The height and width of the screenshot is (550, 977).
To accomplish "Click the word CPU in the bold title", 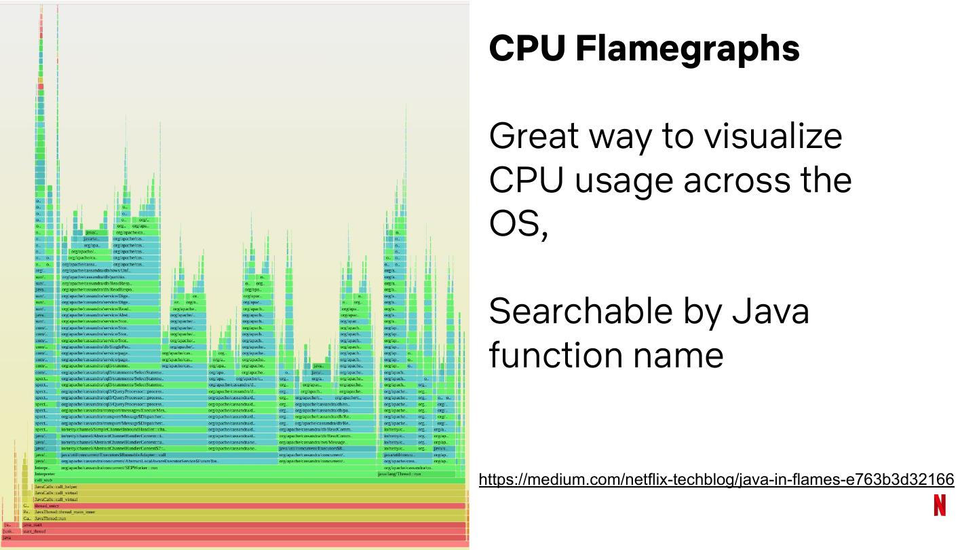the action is [527, 48].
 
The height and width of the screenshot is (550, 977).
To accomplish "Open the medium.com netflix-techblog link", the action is [716, 480].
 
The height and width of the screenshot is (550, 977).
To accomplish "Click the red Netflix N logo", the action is [939, 506].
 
